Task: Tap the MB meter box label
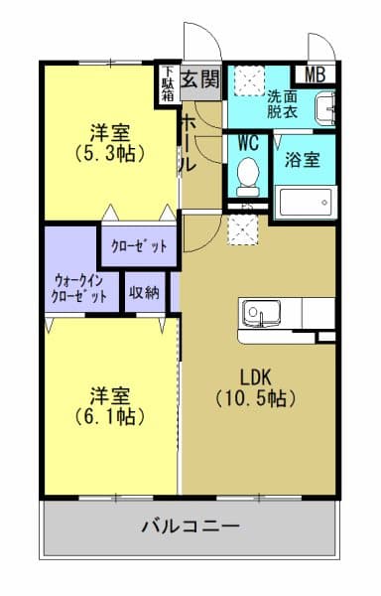click(316, 74)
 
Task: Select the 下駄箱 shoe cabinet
click(170, 84)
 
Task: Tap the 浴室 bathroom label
click(303, 158)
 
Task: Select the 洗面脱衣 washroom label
click(282, 104)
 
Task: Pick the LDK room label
click(257, 376)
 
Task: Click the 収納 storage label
click(145, 293)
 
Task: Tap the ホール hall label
click(187, 145)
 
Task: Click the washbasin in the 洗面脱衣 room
click(325, 106)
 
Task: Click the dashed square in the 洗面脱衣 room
click(247, 79)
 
